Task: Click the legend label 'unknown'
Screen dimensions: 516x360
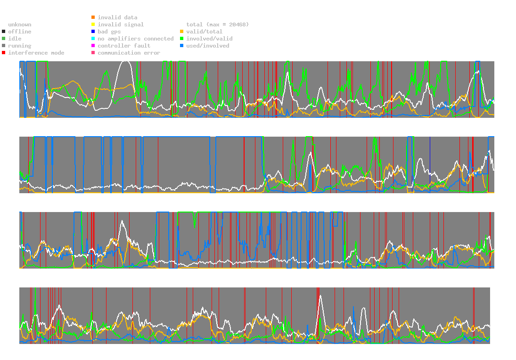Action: pyautogui.click(x=20, y=25)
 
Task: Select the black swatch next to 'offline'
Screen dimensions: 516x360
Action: pyautogui.click(x=4, y=32)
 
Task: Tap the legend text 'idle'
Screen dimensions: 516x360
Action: pyautogui.click(x=15, y=39)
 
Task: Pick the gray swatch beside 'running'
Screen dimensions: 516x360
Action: pyautogui.click(x=4, y=46)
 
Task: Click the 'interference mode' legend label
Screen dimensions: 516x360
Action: pyautogui.click(x=36, y=53)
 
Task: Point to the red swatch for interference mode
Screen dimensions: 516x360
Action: pyautogui.click(x=4, y=53)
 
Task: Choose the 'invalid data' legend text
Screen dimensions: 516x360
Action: pyautogui.click(x=117, y=17)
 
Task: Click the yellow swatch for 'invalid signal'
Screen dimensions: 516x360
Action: pyautogui.click(x=93, y=25)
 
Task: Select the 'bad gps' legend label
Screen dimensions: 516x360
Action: pyautogui.click(x=109, y=32)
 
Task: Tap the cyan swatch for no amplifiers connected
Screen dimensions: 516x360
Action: pyautogui.click(x=93, y=39)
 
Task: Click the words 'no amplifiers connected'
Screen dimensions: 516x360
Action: pyautogui.click(x=136, y=39)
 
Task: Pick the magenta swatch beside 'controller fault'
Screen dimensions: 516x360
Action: pyautogui.click(x=93, y=46)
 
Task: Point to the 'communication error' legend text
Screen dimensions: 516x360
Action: pyautogui.click(x=129, y=53)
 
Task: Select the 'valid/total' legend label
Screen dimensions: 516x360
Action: pyautogui.click(x=205, y=32)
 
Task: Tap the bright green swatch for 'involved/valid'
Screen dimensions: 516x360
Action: pyautogui.click(x=181, y=39)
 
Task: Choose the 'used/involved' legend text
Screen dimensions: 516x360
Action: pyautogui.click(x=208, y=46)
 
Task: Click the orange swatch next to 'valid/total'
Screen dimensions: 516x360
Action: pyautogui.click(x=181, y=32)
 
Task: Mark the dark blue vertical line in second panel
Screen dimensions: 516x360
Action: pyautogui.click(x=430, y=164)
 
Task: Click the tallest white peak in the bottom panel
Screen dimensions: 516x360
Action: pyautogui.click(x=320, y=296)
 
